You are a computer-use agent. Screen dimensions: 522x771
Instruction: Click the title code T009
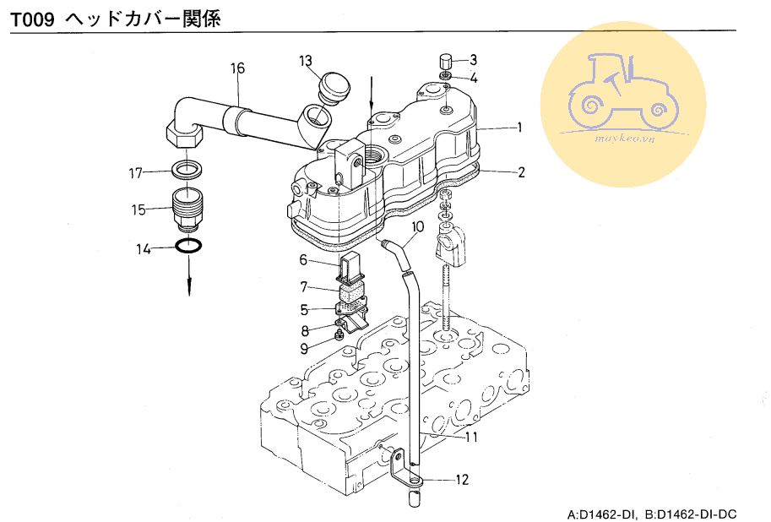point(33,19)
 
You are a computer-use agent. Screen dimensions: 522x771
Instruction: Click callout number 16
point(238,68)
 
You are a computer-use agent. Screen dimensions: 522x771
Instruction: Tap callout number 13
point(305,60)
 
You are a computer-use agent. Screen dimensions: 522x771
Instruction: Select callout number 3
point(473,59)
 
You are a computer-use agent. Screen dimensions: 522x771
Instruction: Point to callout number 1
point(520,128)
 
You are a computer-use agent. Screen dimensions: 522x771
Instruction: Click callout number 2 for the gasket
point(521,172)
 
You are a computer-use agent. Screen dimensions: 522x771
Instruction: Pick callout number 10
point(417,226)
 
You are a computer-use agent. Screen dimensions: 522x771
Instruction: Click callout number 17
point(136,174)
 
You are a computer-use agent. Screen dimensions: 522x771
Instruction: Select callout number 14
point(143,249)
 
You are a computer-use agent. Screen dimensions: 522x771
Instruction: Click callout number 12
point(461,480)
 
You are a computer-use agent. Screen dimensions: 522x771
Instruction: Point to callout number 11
point(471,437)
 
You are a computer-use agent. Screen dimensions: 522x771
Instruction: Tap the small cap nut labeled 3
point(446,61)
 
